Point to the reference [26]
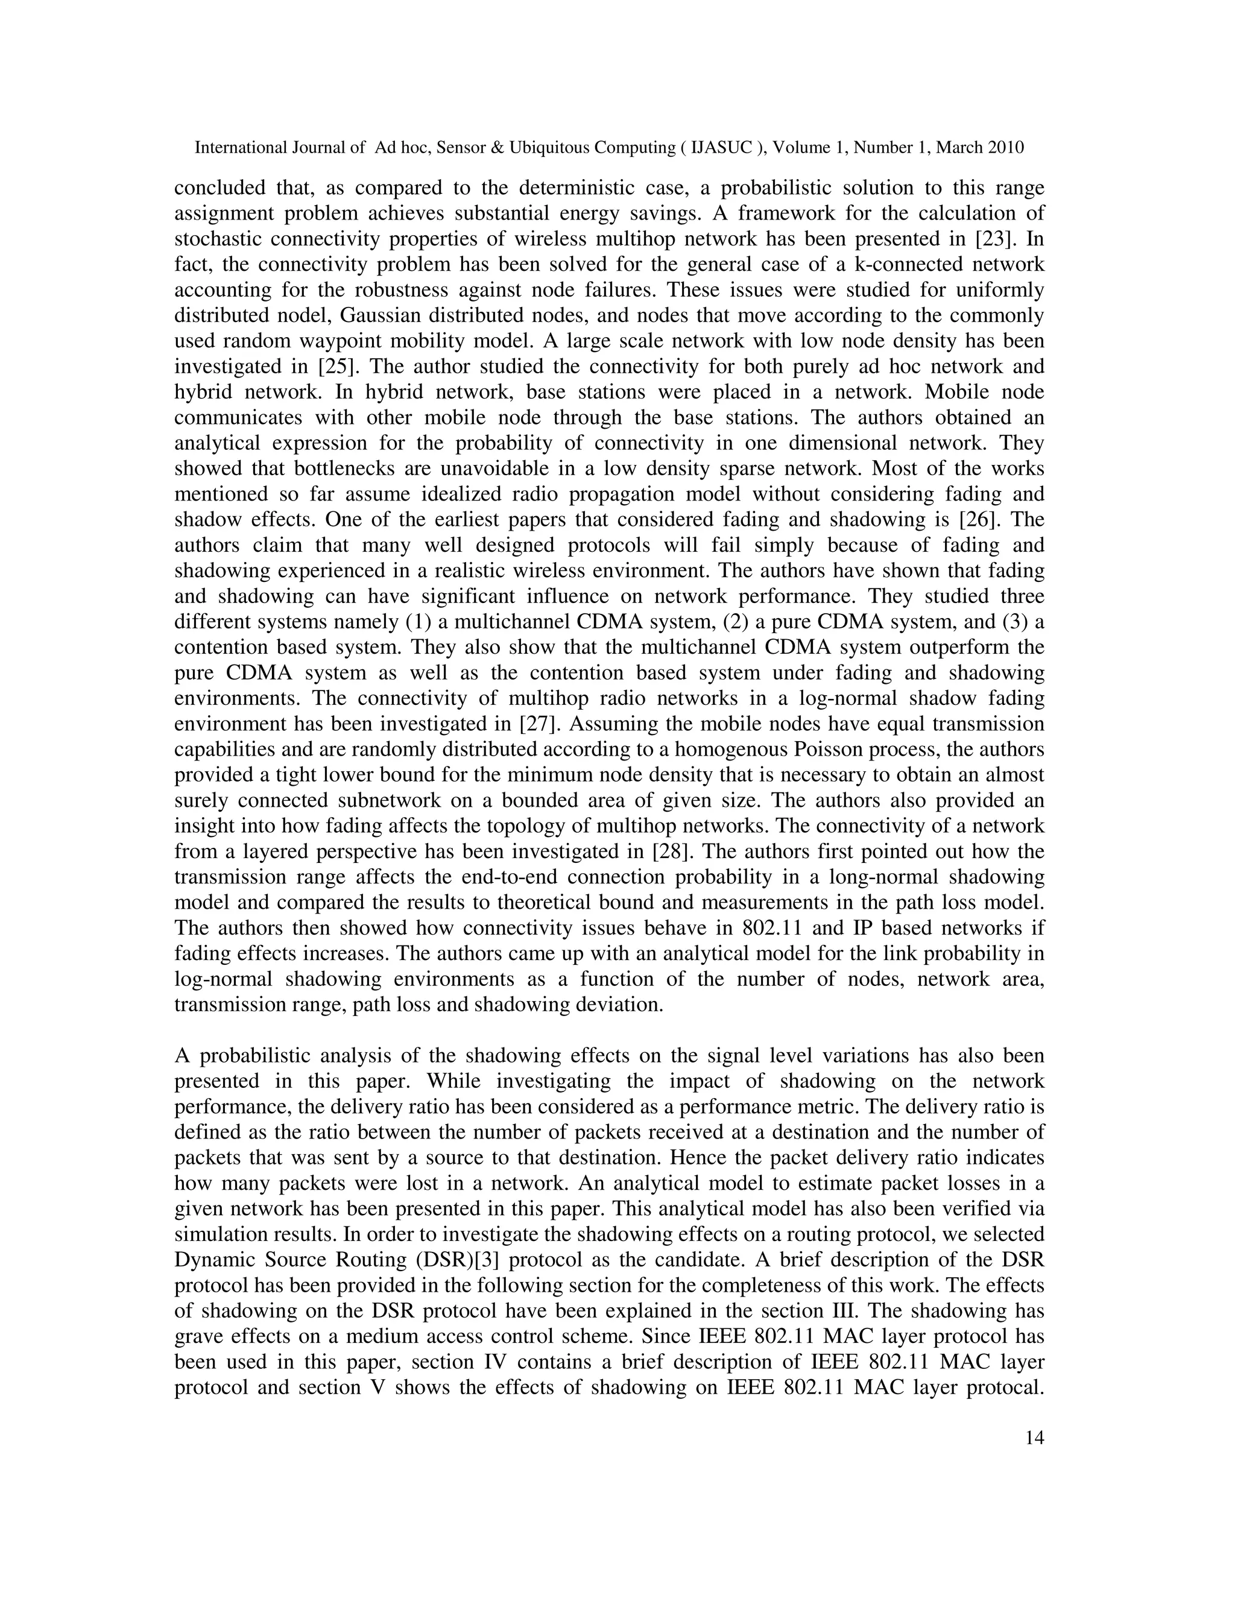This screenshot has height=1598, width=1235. (x=978, y=519)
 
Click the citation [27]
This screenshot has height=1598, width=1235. (x=539, y=724)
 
